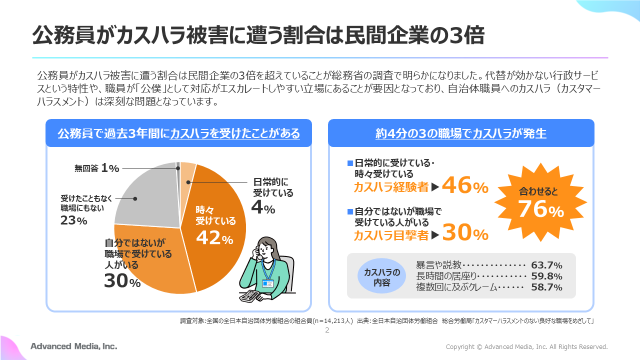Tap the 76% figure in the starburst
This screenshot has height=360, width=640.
(x=540, y=208)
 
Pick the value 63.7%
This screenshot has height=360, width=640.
(x=546, y=265)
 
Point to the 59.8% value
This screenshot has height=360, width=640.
(x=546, y=276)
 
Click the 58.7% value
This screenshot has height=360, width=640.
(x=546, y=287)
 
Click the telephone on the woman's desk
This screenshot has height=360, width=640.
(x=250, y=295)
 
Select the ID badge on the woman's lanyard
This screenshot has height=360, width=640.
(x=268, y=283)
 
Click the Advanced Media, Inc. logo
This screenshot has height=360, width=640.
(x=73, y=346)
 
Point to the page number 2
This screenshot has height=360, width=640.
(x=327, y=330)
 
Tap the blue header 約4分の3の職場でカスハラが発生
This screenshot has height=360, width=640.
(x=460, y=133)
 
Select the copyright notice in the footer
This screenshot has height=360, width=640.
(x=526, y=346)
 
